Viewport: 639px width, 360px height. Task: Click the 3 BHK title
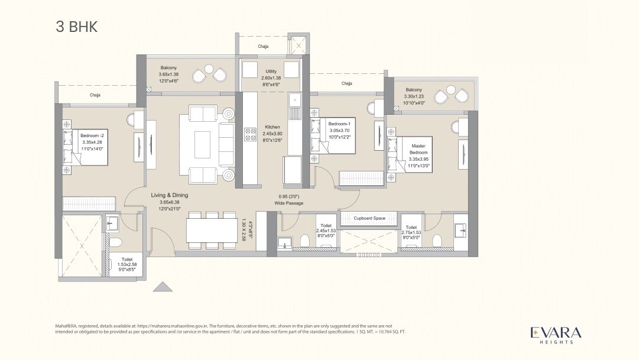(x=76, y=27)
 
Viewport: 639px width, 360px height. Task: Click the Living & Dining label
(x=169, y=194)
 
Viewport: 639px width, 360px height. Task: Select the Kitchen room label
(x=272, y=127)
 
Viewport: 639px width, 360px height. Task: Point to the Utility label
(x=271, y=71)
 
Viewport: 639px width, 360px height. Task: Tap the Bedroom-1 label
(x=340, y=123)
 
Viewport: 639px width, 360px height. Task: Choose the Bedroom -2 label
(x=91, y=135)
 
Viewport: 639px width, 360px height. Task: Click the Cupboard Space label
(x=369, y=218)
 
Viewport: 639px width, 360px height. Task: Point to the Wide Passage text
(x=288, y=203)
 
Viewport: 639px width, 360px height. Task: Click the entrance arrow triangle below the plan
(x=163, y=286)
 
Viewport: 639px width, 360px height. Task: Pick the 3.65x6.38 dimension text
(x=169, y=202)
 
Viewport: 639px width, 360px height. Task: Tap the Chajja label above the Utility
(x=263, y=46)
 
